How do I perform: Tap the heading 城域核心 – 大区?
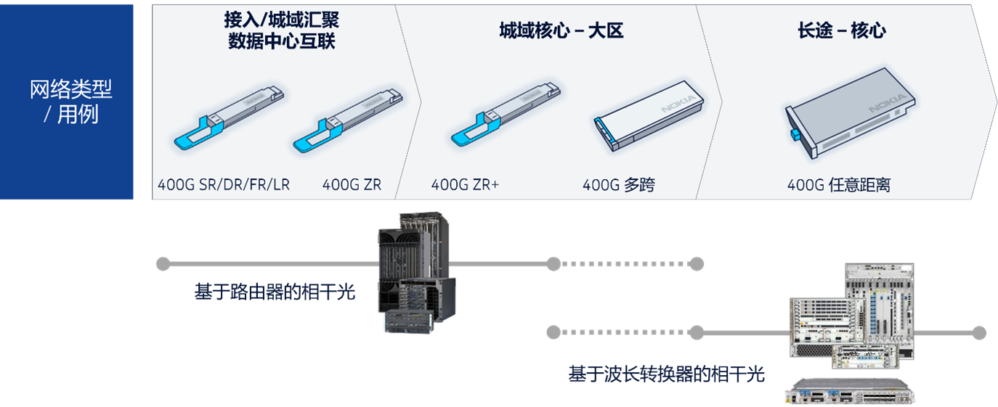(x=561, y=30)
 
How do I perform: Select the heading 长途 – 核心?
(x=841, y=30)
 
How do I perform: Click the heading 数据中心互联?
(x=282, y=41)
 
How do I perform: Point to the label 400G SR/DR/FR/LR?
(x=224, y=185)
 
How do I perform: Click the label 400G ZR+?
(x=465, y=185)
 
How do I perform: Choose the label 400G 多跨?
(x=618, y=185)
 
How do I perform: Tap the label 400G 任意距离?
(x=838, y=185)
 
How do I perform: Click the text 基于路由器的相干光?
(x=275, y=292)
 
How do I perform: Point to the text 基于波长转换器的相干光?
(x=666, y=374)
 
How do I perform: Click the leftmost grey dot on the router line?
(x=163, y=263)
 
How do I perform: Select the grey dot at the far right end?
(x=979, y=332)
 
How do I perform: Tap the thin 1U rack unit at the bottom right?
(x=850, y=391)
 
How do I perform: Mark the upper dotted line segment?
(x=625, y=263)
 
